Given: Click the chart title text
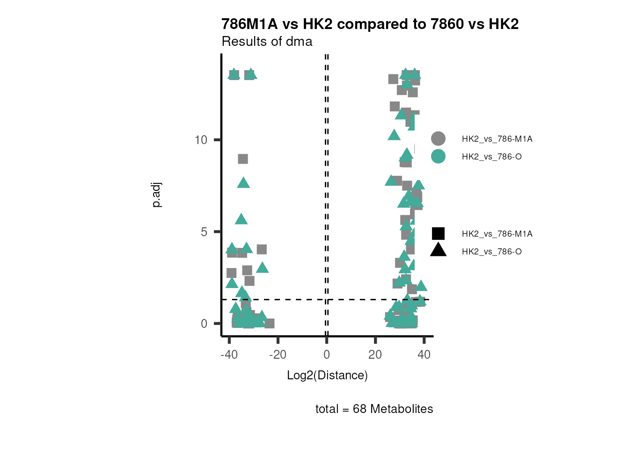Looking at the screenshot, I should tap(370, 24).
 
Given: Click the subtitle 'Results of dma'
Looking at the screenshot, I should tap(267, 42).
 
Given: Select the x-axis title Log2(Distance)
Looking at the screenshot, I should tap(327, 375).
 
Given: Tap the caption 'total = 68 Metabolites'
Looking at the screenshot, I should tap(374, 409).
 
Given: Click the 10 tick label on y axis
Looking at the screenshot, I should tap(201, 140).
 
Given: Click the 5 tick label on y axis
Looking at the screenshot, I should tap(204, 232).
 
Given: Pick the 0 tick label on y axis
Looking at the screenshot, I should tap(204, 324).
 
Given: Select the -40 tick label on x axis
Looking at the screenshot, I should tap(229, 355).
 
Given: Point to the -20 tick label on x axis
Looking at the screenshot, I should tap(278, 355).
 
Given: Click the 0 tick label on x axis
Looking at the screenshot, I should tap(327, 355).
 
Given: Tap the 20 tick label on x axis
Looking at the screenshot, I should tap(375, 355).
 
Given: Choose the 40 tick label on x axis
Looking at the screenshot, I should tap(424, 355).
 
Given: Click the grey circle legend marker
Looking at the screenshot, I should tap(438, 139).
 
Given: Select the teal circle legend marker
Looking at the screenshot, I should tap(438, 156).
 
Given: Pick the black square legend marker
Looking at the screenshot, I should tap(438, 233).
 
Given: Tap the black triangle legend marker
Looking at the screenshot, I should tap(438, 250).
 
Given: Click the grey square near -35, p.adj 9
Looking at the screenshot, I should tap(242, 159).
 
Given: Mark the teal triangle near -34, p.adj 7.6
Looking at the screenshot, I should tap(243, 183).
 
